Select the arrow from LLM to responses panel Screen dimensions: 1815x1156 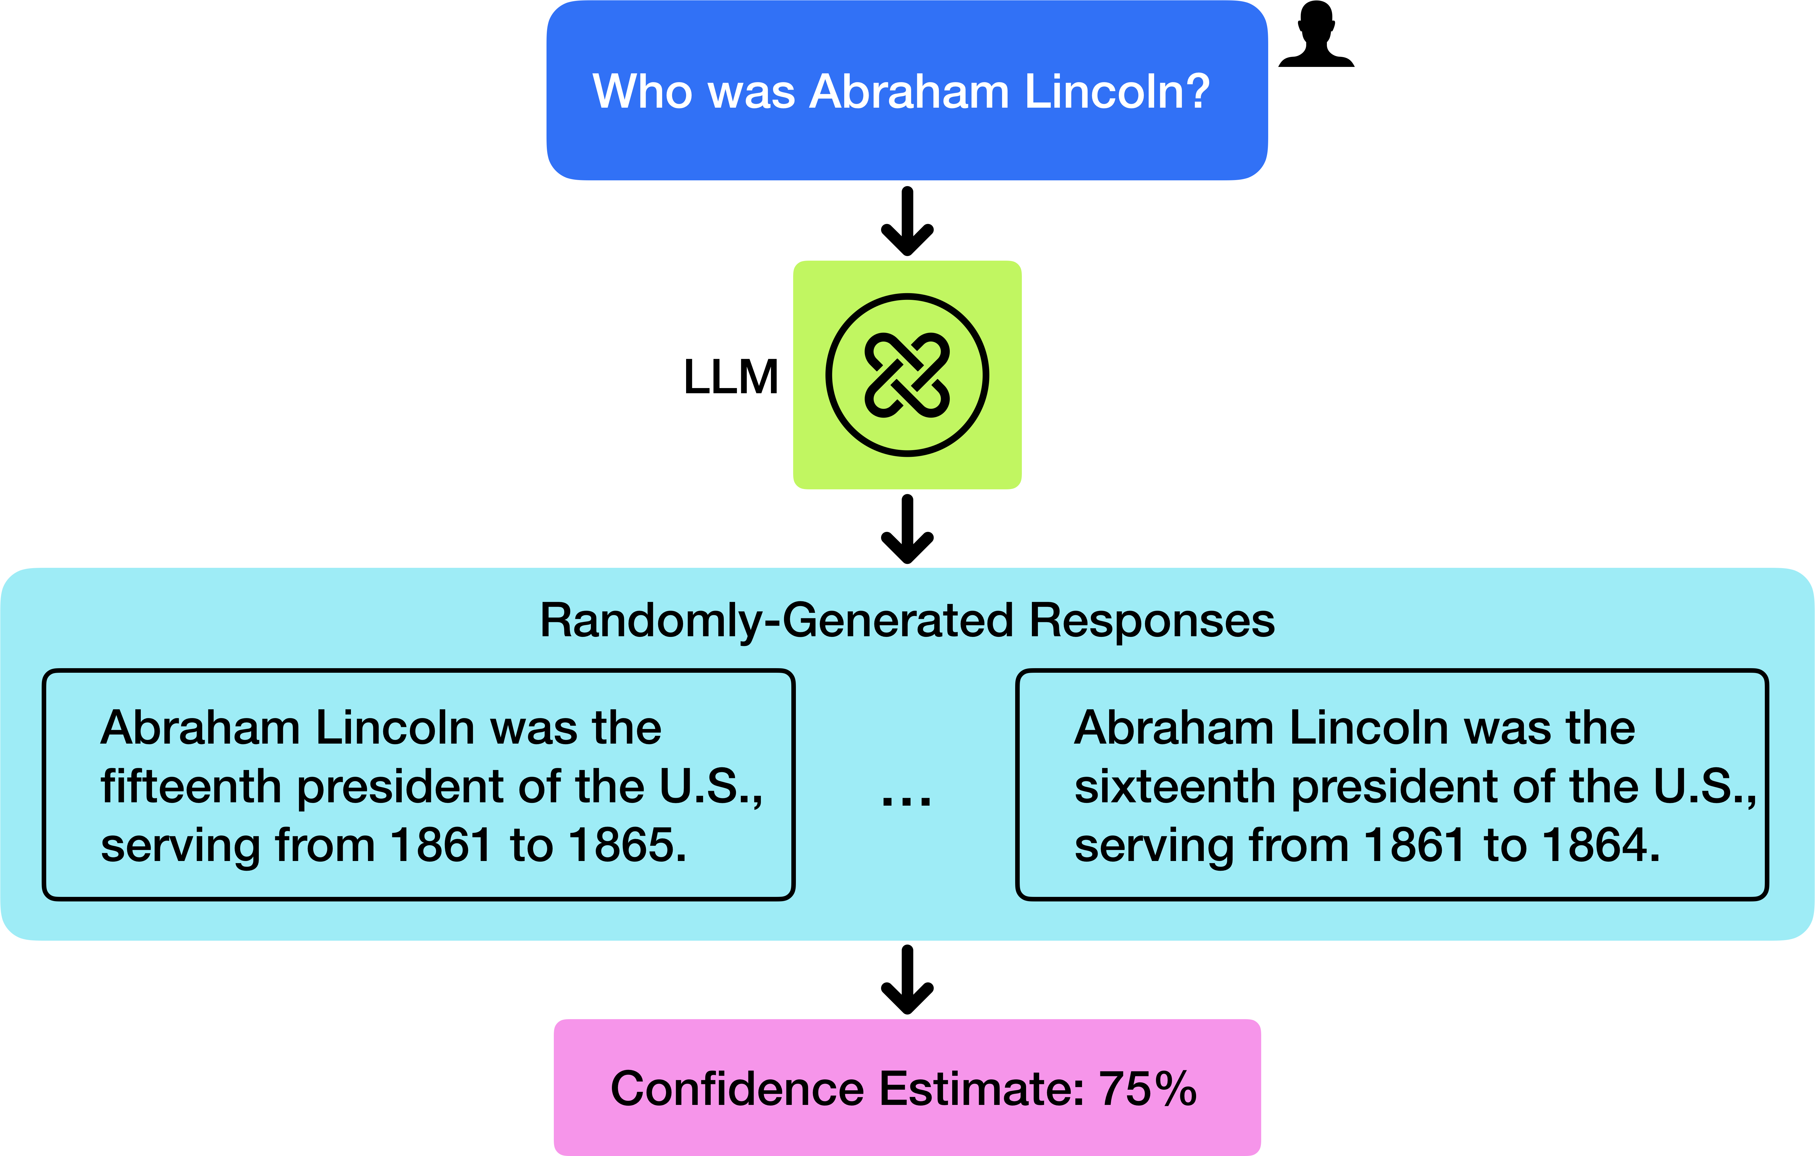908,529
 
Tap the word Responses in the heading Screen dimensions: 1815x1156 1152,621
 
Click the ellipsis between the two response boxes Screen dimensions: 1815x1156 907,800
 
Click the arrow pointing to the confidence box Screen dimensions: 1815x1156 908,980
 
